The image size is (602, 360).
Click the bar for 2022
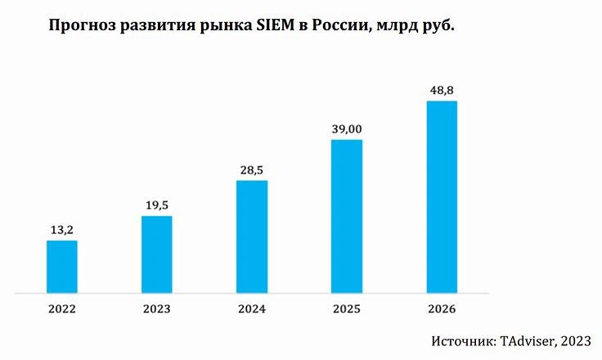tap(62, 266)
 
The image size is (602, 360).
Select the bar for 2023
tap(157, 254)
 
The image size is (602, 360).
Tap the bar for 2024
tap(252, 236)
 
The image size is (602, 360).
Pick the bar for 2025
tap(347, 215)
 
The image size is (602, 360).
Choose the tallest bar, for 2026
tap(442, 196)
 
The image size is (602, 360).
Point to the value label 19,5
tap(157, 205)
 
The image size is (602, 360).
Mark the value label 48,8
tap(442, 89)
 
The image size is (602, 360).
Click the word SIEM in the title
tap(283, 26)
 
